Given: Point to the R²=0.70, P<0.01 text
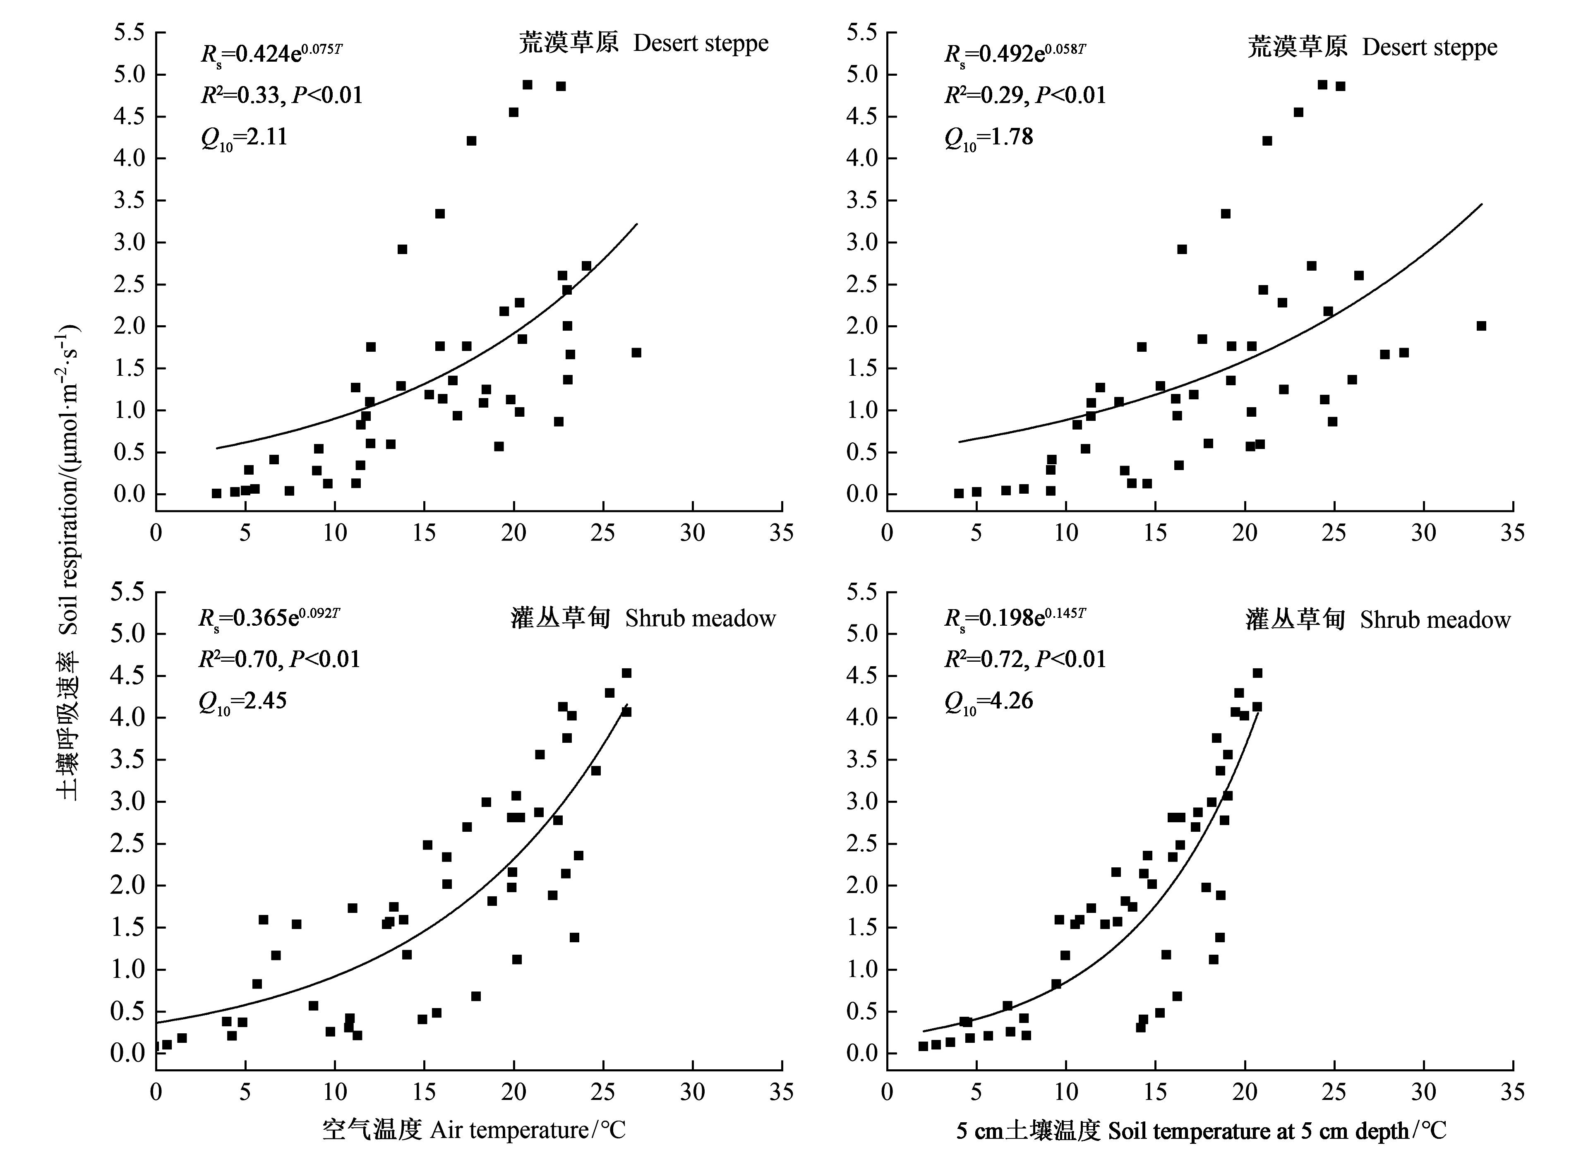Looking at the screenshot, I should click(x=279, y=659).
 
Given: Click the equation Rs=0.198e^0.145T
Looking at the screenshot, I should click(x=1015, y=617).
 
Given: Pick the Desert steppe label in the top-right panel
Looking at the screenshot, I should click(x=1372, y=47).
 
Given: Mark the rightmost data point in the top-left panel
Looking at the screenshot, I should click(x=636, y=353).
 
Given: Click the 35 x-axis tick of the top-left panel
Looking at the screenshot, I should click(x=781, y=533).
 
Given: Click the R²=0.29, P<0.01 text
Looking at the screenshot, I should click(x=1025, y=95).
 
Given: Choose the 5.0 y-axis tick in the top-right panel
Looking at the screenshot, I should click(x=862, y=74).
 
